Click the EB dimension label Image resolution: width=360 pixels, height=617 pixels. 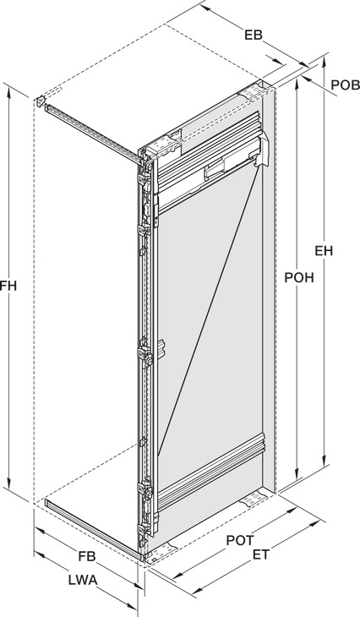click(253, 35)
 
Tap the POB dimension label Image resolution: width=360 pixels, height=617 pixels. click(345, 85)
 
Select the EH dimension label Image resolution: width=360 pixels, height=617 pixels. click(324, 251)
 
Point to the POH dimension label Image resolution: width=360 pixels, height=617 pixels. click(299, 277)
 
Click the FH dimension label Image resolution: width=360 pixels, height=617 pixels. click(8, 286)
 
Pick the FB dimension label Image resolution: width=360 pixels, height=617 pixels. click(86, 556)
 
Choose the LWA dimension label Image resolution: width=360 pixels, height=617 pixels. click(83, 580)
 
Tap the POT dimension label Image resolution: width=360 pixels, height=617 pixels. click(240, 540)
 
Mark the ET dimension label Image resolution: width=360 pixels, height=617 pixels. click(260, 554)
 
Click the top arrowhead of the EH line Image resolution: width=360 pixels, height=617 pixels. click(325, 60)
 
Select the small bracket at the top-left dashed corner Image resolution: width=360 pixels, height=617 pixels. click(40, 101)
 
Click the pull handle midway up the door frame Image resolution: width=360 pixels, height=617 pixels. click(161, 349)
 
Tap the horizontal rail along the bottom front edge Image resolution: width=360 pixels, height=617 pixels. click(93, 529)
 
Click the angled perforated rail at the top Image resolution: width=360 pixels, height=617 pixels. click(93, 133)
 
